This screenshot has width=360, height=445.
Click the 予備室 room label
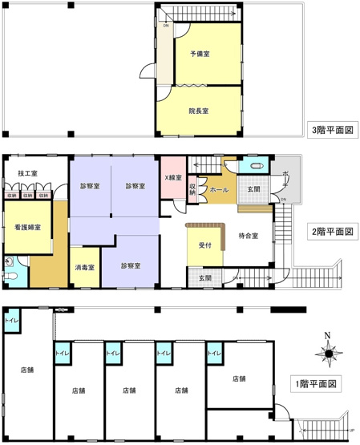click(200, 54)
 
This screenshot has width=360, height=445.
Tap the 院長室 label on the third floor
click(199, 111)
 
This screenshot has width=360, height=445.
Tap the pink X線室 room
click(173, 178)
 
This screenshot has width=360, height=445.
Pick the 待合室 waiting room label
click(249, 235)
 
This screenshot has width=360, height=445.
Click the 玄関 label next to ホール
click(253, 189)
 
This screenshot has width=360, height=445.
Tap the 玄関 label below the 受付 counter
click(205, 278)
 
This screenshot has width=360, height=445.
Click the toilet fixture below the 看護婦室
click(10, 274)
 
